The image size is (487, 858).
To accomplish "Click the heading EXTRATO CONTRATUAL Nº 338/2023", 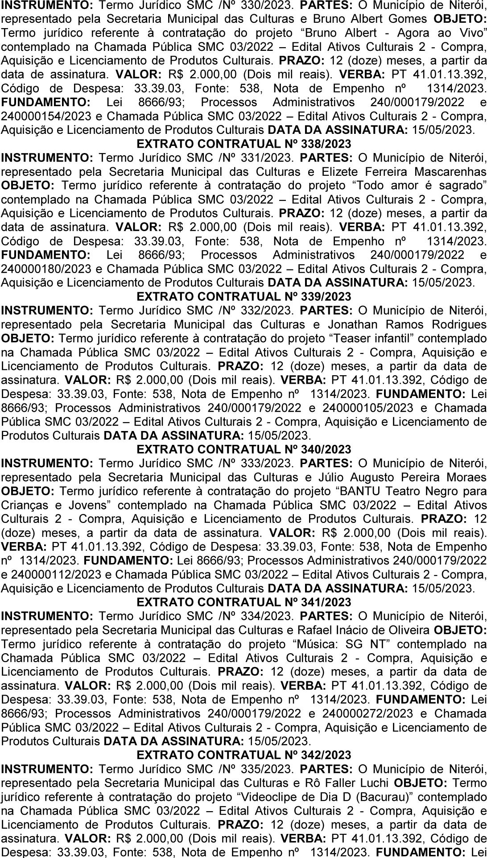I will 243,144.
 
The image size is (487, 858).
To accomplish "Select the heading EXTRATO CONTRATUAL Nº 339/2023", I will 243,297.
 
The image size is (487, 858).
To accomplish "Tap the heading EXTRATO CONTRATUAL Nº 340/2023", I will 243,449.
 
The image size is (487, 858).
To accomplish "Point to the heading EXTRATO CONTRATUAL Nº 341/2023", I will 243,602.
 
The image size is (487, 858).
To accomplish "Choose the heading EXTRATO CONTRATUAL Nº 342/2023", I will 243,754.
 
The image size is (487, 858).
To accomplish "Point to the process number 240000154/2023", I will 44,116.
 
